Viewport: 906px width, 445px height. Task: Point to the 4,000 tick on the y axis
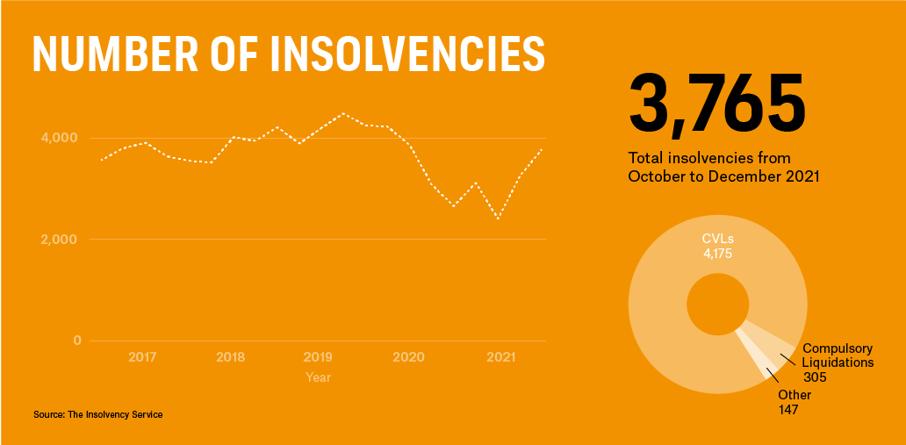[x=60, y=138]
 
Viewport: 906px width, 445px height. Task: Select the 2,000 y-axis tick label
[x=60, y=240]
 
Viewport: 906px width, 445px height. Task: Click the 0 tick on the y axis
[x=76, y=341]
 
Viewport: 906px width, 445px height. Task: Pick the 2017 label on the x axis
[x=142, y=357]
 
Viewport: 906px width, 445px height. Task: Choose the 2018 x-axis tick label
[x=230, y=357]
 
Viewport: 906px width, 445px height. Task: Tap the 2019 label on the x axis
[x=318, y=357]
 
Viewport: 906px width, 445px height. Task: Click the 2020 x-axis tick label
[x=408, y=357]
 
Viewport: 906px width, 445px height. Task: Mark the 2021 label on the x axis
[x=500, y=357]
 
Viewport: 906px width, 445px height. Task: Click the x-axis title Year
[x=318, y=377]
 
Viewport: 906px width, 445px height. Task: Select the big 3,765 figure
[x=716, y=103]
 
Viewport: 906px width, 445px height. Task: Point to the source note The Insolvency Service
[x=97, y=414]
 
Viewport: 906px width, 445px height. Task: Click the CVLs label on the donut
[x=717, y=239]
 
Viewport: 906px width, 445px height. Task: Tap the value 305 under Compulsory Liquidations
[x=815, y=377]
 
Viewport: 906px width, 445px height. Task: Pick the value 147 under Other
[x=788, y=410]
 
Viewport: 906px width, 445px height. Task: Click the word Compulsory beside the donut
[x=838, y=348]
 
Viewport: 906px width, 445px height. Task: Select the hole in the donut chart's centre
[x=717, y=304]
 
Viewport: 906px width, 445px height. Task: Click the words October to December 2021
[x=723, y=176]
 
